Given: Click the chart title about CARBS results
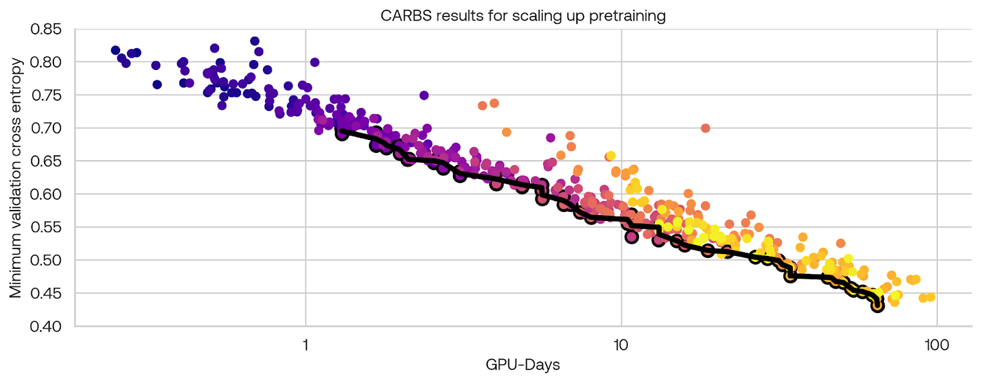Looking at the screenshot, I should click(522, 15).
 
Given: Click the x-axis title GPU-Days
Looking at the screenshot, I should click(522, 365).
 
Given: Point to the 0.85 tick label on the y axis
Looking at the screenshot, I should click(45, 29).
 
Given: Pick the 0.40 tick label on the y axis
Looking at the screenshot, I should click(45, 326).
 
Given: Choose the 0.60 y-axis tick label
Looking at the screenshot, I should click(45, 194).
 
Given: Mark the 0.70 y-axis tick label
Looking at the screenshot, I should click(45, 128).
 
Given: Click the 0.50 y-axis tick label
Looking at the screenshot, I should click(45, 260).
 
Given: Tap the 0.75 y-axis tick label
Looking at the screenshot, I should click(45, 95).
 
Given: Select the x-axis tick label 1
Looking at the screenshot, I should click(305, 345).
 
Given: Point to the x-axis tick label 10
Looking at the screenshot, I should click(621, 345).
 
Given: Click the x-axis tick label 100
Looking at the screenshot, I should click(936, 345).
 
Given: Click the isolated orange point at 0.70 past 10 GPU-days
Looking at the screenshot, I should click(705, 128).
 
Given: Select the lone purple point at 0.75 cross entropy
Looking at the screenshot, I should click(424, 95).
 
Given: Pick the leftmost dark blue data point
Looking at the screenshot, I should click(115, 50).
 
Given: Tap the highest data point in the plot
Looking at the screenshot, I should click(254, 41).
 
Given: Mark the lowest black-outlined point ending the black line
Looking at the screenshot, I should click(877, 305).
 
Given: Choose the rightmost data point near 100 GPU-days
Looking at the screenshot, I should click(931, 297).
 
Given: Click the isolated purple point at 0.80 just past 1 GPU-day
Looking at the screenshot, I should click(315, 62).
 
